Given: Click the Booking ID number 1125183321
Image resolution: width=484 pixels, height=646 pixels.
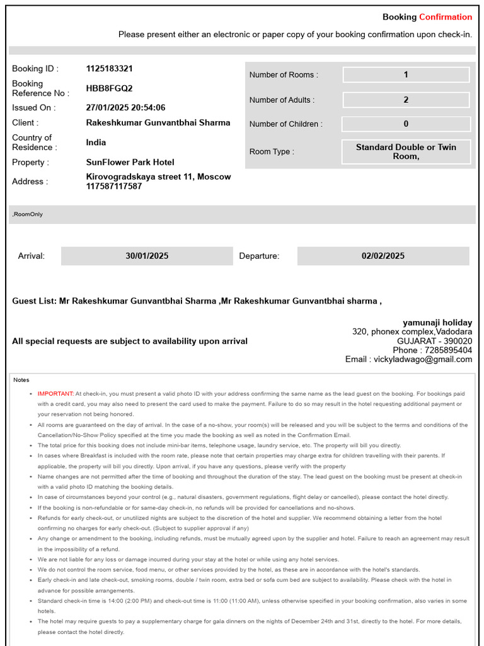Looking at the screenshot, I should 109,68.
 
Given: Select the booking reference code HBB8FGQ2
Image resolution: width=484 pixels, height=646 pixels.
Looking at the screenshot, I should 109,88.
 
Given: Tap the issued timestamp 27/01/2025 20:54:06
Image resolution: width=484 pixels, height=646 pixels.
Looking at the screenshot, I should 125,108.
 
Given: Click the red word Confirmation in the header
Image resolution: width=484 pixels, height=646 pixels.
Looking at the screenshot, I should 446,17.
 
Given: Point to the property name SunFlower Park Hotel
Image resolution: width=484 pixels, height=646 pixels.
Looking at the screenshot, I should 130,162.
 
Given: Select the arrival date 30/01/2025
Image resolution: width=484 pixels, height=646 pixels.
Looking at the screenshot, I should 147,256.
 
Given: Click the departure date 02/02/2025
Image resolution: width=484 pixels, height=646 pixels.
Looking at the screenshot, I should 383,256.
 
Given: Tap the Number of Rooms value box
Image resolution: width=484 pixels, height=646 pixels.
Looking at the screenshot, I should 406,74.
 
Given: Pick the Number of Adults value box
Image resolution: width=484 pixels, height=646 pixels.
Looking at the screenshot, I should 406,100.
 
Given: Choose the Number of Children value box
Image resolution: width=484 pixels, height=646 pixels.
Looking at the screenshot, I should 406,124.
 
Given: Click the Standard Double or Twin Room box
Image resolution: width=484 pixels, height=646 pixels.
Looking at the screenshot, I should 406,151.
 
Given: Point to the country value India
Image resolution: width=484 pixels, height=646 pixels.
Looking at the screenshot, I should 96,143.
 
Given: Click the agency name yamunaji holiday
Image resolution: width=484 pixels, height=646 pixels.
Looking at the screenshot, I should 437,322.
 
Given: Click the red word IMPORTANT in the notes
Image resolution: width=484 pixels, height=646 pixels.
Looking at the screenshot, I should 55,394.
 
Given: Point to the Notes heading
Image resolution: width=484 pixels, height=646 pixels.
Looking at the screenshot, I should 21,380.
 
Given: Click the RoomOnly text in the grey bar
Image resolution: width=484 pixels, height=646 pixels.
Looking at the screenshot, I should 28,214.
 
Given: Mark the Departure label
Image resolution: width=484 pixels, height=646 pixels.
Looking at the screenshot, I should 259,256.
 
